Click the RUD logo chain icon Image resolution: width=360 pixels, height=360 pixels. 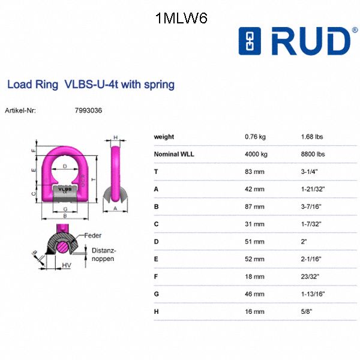[x=250, y=41]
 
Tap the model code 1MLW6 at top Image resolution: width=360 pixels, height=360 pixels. [x=181, y=19]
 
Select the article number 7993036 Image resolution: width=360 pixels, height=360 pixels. [x=88, y=111]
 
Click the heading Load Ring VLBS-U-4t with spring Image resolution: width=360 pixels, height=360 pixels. [x=91, y=85]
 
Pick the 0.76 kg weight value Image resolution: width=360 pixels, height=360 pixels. [x=255, y=137]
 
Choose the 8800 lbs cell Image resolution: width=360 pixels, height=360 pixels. [x=313, y=154]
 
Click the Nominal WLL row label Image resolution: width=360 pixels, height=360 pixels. [x=174, y=154]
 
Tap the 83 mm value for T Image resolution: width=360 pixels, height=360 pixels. [x=254, y=172]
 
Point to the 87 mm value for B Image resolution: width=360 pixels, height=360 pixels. [x=254, y=206]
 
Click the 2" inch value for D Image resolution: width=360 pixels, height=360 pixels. [x=304, y=242]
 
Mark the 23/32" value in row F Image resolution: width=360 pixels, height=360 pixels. [x=310, y=277]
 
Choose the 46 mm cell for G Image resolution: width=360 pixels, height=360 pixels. [x=254, y=294]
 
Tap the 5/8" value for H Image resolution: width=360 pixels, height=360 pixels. [x=307, y=311]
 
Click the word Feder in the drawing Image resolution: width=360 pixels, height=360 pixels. [x=92, y=235]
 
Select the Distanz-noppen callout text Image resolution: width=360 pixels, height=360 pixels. [x=103, y=254]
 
